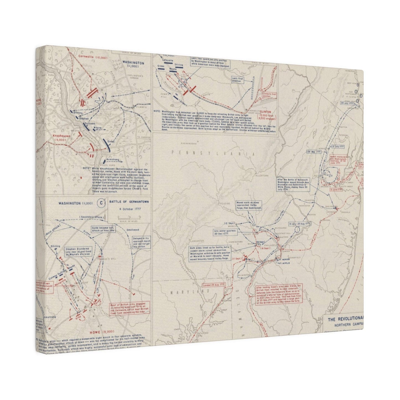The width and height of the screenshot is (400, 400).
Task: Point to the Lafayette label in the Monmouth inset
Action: pos(168,60)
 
